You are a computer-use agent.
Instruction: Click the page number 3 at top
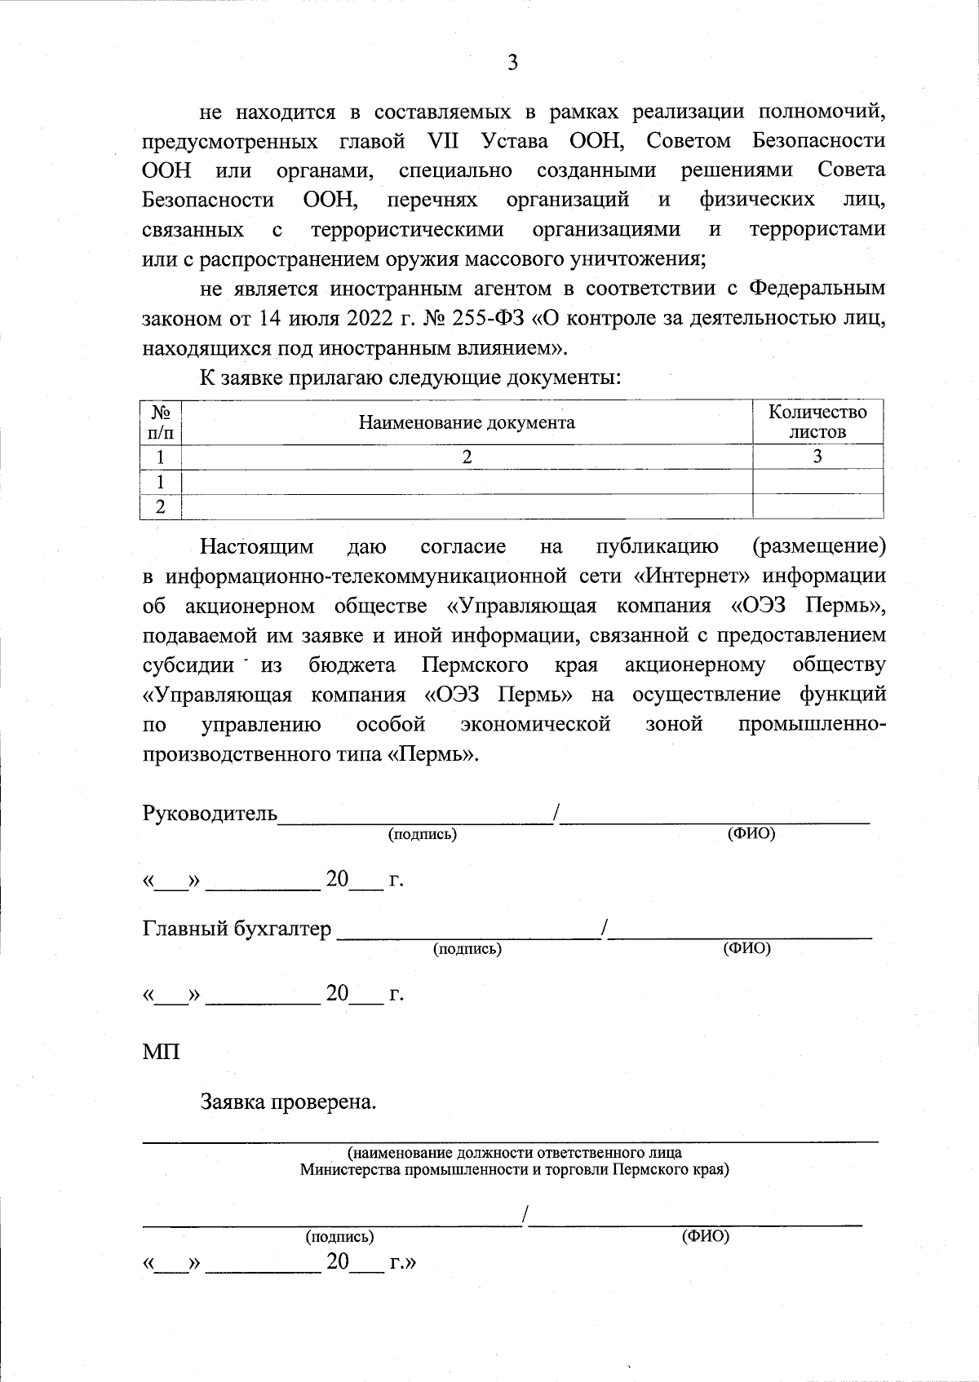[512, 63]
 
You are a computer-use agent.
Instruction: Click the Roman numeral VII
[443, 140]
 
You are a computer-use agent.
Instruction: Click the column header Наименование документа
[467, 422]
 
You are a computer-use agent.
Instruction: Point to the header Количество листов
[817, 422]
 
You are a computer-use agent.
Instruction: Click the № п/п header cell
[162, 422]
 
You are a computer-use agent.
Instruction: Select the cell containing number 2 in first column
[162, 506]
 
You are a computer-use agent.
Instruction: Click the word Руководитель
[210, 814]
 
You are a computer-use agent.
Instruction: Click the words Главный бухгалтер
[237, 928]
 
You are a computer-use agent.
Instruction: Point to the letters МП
[161, 1051]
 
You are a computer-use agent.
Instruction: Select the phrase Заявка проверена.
[289, 1102]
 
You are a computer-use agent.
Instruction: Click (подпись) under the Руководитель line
[422, 834]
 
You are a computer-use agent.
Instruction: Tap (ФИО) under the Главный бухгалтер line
[747, 948]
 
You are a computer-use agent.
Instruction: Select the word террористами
[817, 229]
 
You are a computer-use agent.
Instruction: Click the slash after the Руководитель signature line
[556, 813]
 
